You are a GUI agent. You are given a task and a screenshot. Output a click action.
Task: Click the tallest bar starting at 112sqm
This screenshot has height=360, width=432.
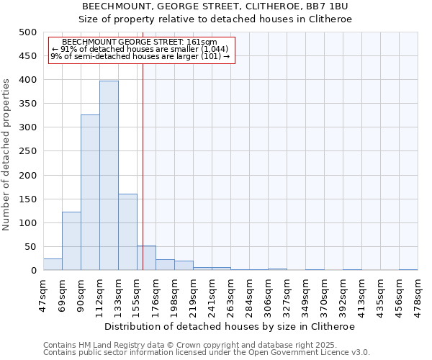[x=109, y=176]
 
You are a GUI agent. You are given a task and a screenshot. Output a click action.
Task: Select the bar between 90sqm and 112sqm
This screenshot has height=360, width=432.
[x=90, y=192]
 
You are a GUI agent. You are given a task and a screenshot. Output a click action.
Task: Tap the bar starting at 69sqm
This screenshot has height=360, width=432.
[x=71, y=241]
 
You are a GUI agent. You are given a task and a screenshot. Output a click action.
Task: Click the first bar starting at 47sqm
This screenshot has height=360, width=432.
[x=53, y=264]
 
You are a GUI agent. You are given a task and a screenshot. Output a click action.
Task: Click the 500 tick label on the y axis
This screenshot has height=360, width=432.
[x=27, y=32]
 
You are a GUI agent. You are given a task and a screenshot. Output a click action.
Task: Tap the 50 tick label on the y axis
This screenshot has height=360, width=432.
[x=30, y=247]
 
